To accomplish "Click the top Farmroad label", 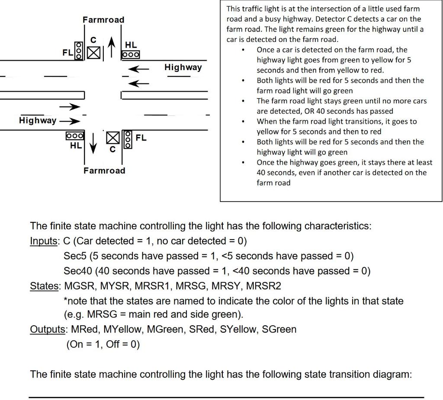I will (x=103, y=20).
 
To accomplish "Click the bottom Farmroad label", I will (x=104, y=170).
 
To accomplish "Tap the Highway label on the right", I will (x=183, y=67).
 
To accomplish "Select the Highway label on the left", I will (x=37, y=120).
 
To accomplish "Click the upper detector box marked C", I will (x=93, y=53).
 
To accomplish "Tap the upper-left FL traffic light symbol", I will (x=78, y=51).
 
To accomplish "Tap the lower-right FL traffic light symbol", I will (x=127, y=139).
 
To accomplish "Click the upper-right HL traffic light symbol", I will (x=131, y=55).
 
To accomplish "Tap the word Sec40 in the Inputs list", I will (x=77, y=271).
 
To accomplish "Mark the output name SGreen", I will (x=279, y=330).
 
